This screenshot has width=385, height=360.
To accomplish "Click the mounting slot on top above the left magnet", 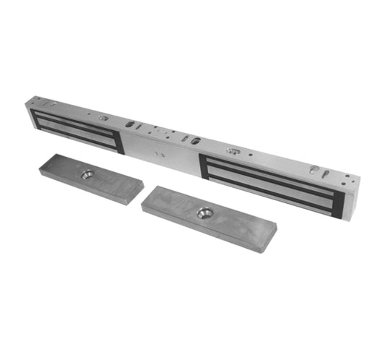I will [x=104, y=118].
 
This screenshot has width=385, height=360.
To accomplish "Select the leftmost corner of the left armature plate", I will [x=38, y=167].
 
